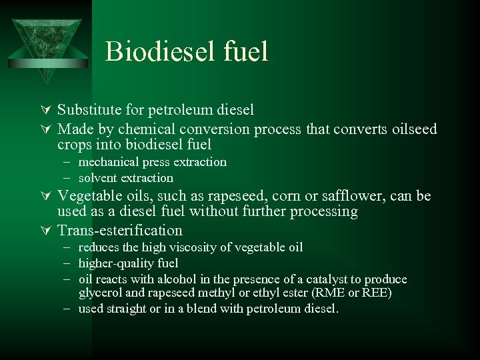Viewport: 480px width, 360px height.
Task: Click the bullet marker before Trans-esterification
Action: [x=46, y=231]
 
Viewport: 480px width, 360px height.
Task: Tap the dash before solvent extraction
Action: [x=69, y=178]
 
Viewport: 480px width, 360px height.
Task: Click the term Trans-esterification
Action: [x=120, y=231]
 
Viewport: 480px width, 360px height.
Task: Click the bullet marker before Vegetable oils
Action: [x=46, y=196]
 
